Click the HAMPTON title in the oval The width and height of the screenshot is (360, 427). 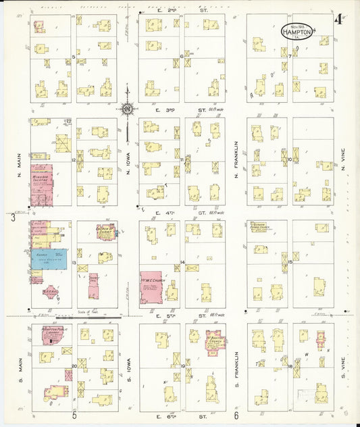coord(297,31)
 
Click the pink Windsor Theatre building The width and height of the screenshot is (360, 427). coord(42,184)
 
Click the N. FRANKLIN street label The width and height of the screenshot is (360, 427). coord(237,159)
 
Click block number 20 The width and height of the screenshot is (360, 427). coord(74,365)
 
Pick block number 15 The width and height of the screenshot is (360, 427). coord(290,261)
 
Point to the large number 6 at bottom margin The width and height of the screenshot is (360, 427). coord(237,416)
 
